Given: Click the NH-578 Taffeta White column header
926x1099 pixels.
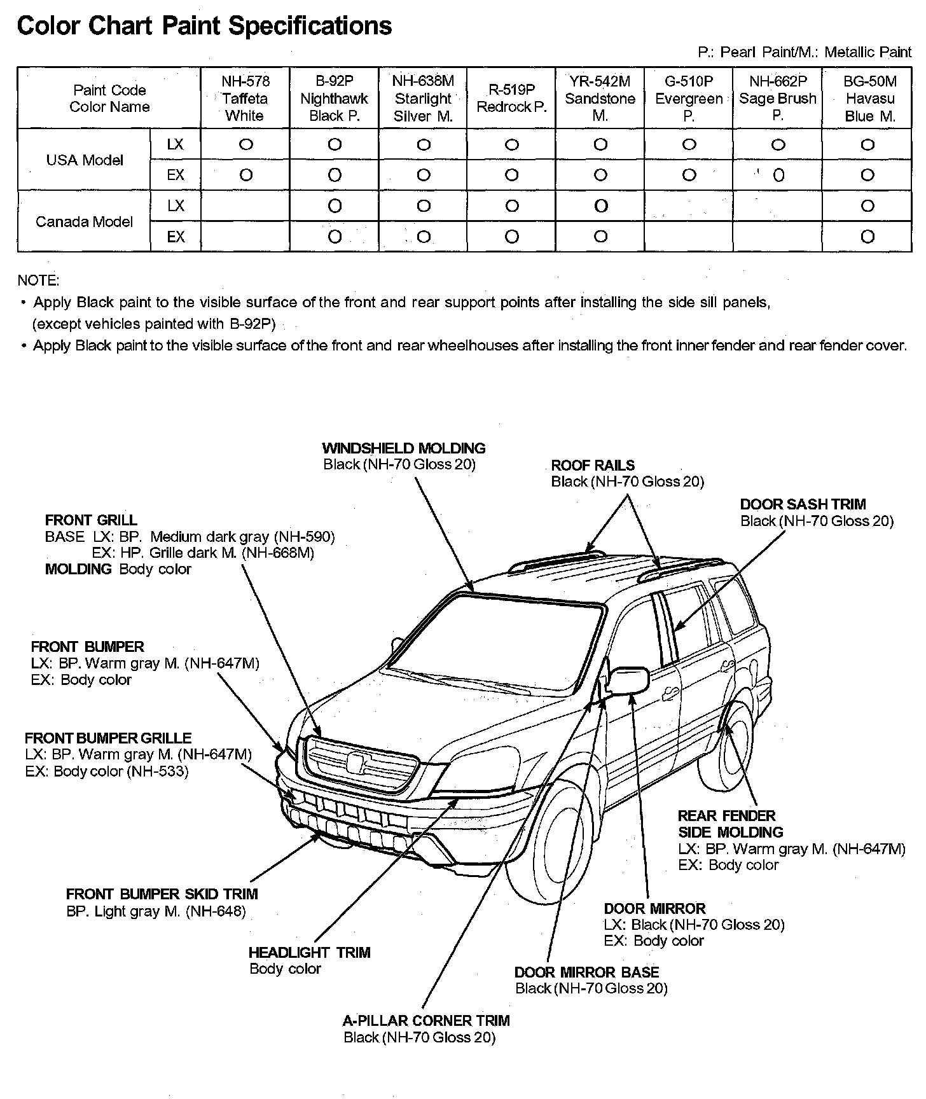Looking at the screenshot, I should [x=245, y=99].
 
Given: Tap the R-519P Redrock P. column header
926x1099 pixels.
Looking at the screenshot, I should [x=511, y=99].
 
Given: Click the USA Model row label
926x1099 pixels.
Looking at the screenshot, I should [x=85, y=160].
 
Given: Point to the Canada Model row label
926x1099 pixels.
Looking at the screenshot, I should [x=85, y=222].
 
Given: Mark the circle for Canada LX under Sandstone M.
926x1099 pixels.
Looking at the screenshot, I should [x=600, y=206].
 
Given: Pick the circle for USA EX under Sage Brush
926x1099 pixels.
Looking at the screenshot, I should [x=778, y=176].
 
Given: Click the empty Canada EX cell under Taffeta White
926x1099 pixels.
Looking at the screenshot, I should [x=245, y=237].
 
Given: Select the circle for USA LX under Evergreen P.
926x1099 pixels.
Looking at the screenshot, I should [x=689, y=145].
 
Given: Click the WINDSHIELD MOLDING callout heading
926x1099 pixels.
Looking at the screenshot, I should [x=404, y=448].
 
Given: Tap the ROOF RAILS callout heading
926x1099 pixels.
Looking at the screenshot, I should [x=593, y=466].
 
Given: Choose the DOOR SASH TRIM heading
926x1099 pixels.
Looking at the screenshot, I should [x=803, y=504].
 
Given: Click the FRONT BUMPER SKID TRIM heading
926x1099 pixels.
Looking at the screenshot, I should [x=162, y=894].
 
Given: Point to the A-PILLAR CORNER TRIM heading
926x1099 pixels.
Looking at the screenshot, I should [x=426, y=1021].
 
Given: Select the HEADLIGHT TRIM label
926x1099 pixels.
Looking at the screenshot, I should [x=309, y=952].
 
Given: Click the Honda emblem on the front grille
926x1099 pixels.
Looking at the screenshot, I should [x=357, y=761].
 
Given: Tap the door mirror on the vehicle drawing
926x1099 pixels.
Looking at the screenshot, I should [x=628, y=679].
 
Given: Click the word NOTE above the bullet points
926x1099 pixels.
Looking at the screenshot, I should [x=38, y=280].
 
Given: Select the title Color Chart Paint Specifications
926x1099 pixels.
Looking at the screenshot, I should [x=204, y=25].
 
